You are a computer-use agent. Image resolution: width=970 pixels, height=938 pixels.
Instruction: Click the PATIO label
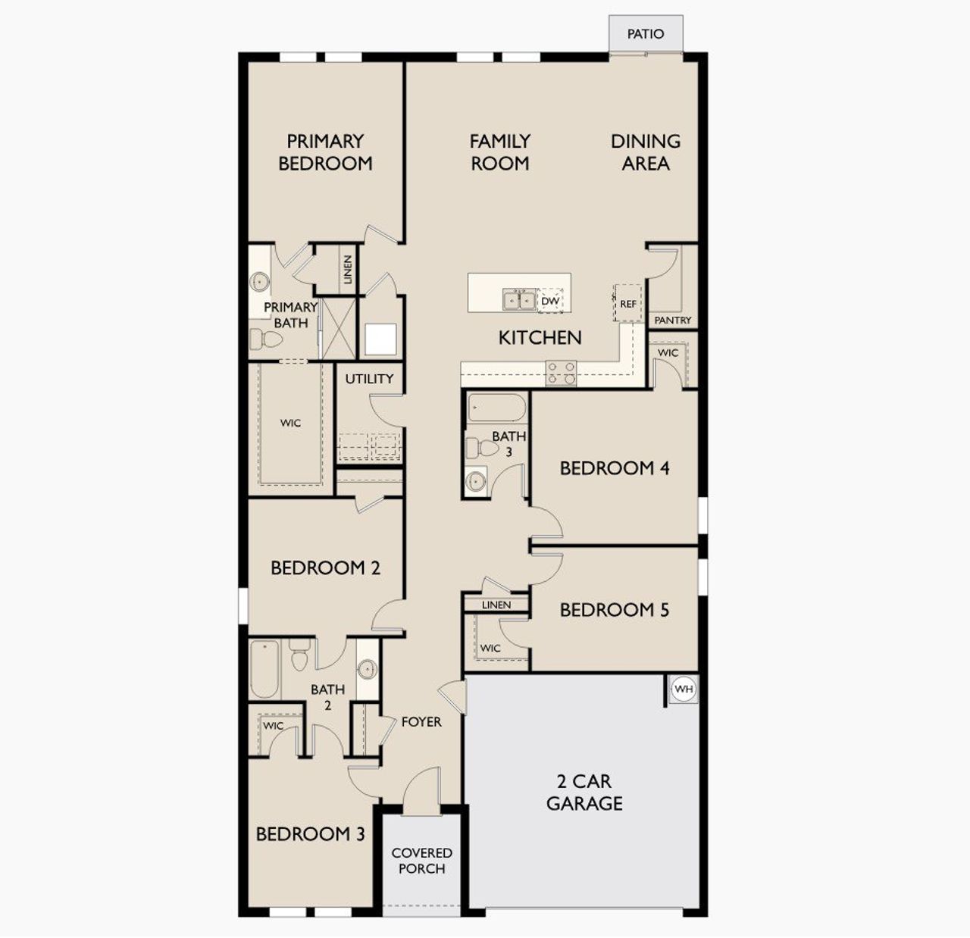tap(646, 34)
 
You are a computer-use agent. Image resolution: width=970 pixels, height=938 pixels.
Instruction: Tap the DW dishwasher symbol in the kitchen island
tap(550, 301)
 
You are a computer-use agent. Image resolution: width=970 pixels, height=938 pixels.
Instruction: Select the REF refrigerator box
tap(628, 303)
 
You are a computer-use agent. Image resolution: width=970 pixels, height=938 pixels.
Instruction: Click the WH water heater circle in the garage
tap(684, 689)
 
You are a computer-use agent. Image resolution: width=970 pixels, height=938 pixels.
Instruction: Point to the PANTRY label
tap(672, 320)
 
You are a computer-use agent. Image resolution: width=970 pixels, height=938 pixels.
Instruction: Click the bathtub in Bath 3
tap(496, 408)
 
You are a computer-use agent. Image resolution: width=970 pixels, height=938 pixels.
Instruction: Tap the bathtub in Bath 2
tap(264, 669)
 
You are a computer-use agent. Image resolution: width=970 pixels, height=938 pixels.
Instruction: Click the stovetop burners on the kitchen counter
tap(562, 372)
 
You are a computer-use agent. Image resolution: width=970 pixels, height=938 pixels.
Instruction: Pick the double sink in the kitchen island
tap(520, 301)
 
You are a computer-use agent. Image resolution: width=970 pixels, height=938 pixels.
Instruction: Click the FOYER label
tap(421, 722)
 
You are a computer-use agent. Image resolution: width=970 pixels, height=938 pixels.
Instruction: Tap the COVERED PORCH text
tap(421, 861)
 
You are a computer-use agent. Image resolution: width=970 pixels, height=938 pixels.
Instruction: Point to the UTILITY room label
tap(369, 379)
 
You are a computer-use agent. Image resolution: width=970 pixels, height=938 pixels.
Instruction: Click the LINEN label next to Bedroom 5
tap(496, 605)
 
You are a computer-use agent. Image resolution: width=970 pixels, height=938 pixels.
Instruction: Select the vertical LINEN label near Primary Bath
tap(348, 269)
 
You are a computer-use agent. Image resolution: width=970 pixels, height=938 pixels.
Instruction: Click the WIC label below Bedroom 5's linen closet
tap(490, 648)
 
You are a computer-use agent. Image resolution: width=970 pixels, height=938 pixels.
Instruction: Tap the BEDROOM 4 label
tap(614, 468)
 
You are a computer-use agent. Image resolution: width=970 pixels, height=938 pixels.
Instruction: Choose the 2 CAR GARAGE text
tap(584, 792)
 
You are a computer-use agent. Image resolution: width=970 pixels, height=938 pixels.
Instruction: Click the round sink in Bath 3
tap(476, 480)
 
